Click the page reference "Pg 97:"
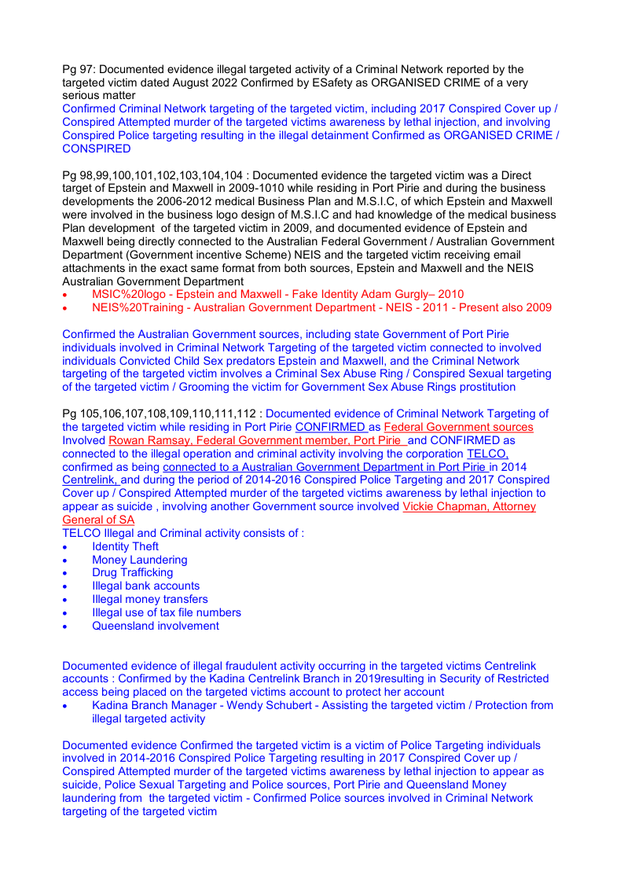(80, 69)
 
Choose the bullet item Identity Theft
(125, 546)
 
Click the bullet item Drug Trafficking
(132, 572)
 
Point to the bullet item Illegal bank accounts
(145, 586)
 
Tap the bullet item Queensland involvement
(155, 626)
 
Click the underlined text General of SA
(98, 520)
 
